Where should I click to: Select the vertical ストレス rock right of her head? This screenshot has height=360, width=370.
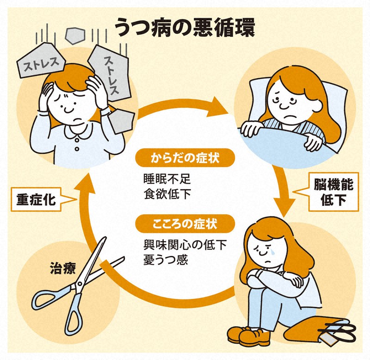(x=111, y=74)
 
